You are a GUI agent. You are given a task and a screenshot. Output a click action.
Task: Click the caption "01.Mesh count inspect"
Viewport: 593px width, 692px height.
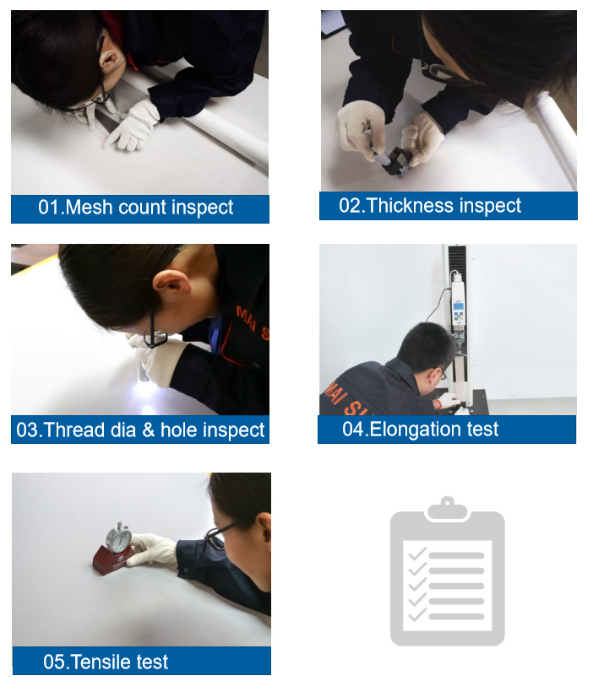click(x=135, y=208)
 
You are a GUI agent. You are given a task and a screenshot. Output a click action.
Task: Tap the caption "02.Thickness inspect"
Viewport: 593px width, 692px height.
click(x=430, y=206)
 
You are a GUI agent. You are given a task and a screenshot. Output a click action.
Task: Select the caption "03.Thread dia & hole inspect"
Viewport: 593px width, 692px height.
click(x=140, y=430)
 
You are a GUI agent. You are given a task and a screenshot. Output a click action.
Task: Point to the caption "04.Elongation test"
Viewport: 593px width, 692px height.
click(x=420, y=429)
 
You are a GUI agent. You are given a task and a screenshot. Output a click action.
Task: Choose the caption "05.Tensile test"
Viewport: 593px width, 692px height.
click(x=106, y=662)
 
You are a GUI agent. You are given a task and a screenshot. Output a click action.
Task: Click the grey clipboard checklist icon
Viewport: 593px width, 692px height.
click(x=447, y=571)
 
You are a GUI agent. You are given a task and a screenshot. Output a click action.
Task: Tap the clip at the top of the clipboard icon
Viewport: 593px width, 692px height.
click(x=447, y=509)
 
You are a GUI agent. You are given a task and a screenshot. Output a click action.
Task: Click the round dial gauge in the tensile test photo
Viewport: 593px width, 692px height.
click(x=118, y=538)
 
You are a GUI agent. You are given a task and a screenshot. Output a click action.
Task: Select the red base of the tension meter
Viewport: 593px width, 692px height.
click(x=113, y=560)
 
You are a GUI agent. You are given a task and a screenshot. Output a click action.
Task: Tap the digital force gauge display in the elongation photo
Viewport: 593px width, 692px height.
click(x=458, y=305)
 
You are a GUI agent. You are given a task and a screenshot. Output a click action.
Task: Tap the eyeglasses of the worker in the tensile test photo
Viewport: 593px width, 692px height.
click(x=219, y=534)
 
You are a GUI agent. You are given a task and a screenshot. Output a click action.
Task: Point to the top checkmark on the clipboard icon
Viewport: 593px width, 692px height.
click(x=417, y=554)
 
